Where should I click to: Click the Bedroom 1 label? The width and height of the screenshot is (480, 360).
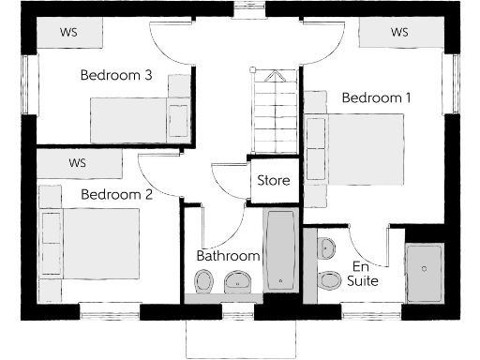tap(376, 97)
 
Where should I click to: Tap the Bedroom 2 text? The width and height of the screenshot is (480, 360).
tap(116, 195)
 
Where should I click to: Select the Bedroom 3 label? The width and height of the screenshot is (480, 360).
tap(116, 76)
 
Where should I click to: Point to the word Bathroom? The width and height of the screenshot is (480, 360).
tap(228, 256)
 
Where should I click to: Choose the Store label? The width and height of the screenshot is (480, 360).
tap(274, 180)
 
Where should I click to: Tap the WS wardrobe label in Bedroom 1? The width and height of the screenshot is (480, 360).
tap(399, 33)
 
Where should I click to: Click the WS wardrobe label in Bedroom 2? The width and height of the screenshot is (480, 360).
tap(78, 163)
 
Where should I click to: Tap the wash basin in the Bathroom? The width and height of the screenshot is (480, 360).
tap(238, 280)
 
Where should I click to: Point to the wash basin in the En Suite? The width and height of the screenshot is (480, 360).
tap(326, 249)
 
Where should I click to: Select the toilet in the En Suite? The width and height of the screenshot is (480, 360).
tap(329, 282)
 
